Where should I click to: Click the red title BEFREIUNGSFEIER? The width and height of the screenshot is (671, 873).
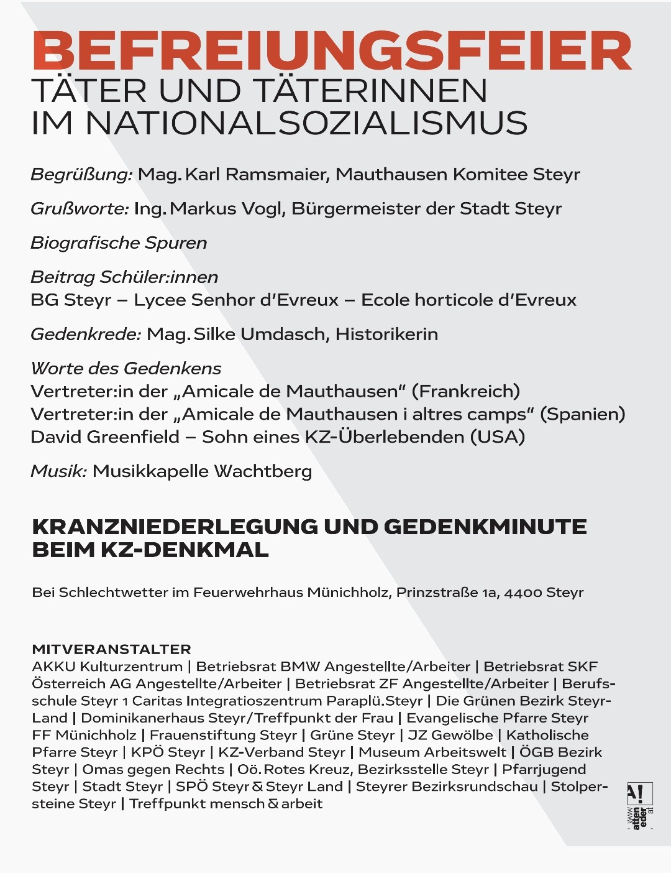pyautogui.click(x=332, y=52)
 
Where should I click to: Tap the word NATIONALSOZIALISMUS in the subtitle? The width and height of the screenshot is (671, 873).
pyautogui.click(x=306, y=122)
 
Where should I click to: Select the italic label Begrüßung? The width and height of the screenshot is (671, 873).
pyautogui.click(x=81, y=175)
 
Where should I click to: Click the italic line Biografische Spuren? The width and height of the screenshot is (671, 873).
pyautogui.click(x=119, y=242)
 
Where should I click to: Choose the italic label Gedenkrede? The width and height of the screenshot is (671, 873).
pyautogui.click(x=86, y=335)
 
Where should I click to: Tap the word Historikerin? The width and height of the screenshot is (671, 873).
pyautogui.click(x=386, y=335)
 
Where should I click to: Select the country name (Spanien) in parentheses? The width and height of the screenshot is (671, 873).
pyautogui.click(x=583, y=414)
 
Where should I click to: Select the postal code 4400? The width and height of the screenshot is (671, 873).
pyautogui.click(x=523, y=593)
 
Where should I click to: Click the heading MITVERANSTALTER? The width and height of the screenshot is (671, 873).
pyautogui.click(x=111, y=649)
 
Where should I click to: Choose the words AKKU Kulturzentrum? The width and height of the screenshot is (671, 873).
pyautogui.click(x=107, y=667)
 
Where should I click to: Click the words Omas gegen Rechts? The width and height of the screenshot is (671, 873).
pyautogui.click(x=153, y=770)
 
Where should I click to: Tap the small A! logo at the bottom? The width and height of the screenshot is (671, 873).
pyautogui.click(x=639, y=794)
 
